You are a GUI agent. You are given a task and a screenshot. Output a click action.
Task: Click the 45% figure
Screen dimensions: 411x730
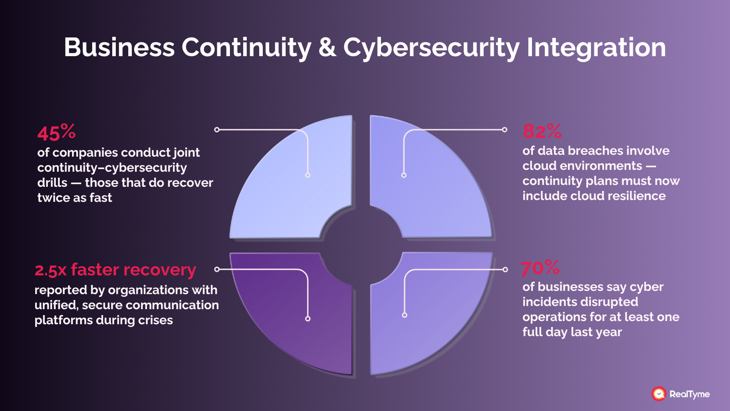(57, 132)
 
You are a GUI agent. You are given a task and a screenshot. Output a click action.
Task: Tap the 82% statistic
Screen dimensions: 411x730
(542, 131)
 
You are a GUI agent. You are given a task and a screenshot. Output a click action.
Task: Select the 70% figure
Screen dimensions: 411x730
(540, 268)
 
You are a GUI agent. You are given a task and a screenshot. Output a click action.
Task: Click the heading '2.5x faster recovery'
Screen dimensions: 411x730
(115, 270)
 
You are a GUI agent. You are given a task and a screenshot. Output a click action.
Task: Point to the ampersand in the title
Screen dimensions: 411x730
(327, 47)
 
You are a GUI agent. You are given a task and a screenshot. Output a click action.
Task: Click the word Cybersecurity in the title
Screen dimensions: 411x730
(431, 48)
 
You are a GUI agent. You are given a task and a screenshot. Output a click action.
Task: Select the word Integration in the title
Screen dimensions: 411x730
(596, 48)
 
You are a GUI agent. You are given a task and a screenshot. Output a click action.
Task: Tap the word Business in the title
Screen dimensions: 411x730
(120, 47)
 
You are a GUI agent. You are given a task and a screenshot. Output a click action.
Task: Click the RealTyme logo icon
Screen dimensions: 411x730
(658, 394)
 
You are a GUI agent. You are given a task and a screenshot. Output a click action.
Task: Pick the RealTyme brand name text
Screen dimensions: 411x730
(689, 394)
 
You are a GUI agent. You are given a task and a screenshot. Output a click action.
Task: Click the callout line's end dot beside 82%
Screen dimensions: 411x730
(504, 130)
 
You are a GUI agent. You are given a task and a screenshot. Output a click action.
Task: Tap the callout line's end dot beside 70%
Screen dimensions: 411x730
(505, 269)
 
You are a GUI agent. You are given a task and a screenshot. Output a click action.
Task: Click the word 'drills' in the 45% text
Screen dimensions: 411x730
(52, 183)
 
